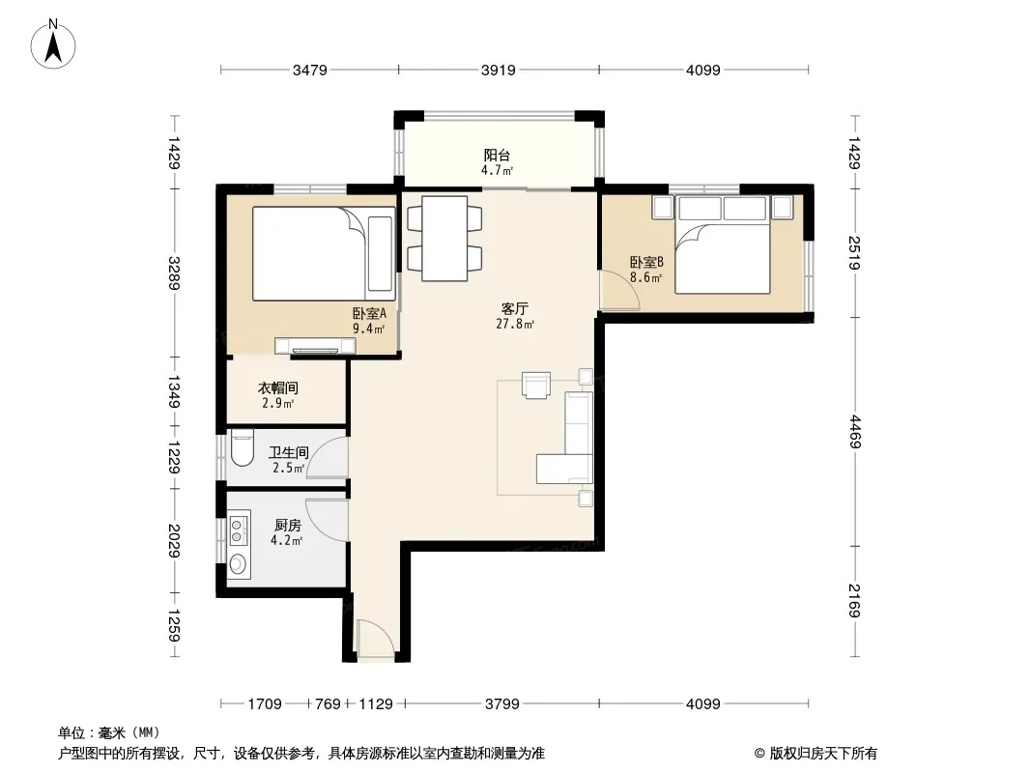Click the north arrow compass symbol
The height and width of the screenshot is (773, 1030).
click(x=53, y=44)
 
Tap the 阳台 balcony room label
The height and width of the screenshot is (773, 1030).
click(x=497, y=156)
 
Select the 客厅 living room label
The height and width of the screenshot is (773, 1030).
click(x=514, y=308)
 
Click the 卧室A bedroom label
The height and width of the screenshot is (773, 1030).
click(x=369, y=314)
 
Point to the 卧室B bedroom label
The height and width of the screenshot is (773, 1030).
click(x=646, y=262)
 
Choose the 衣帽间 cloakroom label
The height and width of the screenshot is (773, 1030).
click(x=278, y=388)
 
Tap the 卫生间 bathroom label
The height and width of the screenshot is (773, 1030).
click(x=288, y=452)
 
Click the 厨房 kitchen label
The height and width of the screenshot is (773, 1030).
click(x=288, y=526)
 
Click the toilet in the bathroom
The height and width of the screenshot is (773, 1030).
click(x=243, y=448)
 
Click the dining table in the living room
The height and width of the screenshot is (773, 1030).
click(x=444, y=239)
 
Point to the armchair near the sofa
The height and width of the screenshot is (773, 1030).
click(x=536, y=385)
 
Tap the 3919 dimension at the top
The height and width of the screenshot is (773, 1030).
click(x=498, y=70)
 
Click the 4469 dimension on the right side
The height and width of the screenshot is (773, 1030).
click(x=854, y=432)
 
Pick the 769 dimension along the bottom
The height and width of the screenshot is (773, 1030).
click(x=328, y=704)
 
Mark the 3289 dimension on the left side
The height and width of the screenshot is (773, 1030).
click(x=174, y=272)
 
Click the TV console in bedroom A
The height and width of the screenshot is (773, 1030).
click(x=315, y=346)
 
